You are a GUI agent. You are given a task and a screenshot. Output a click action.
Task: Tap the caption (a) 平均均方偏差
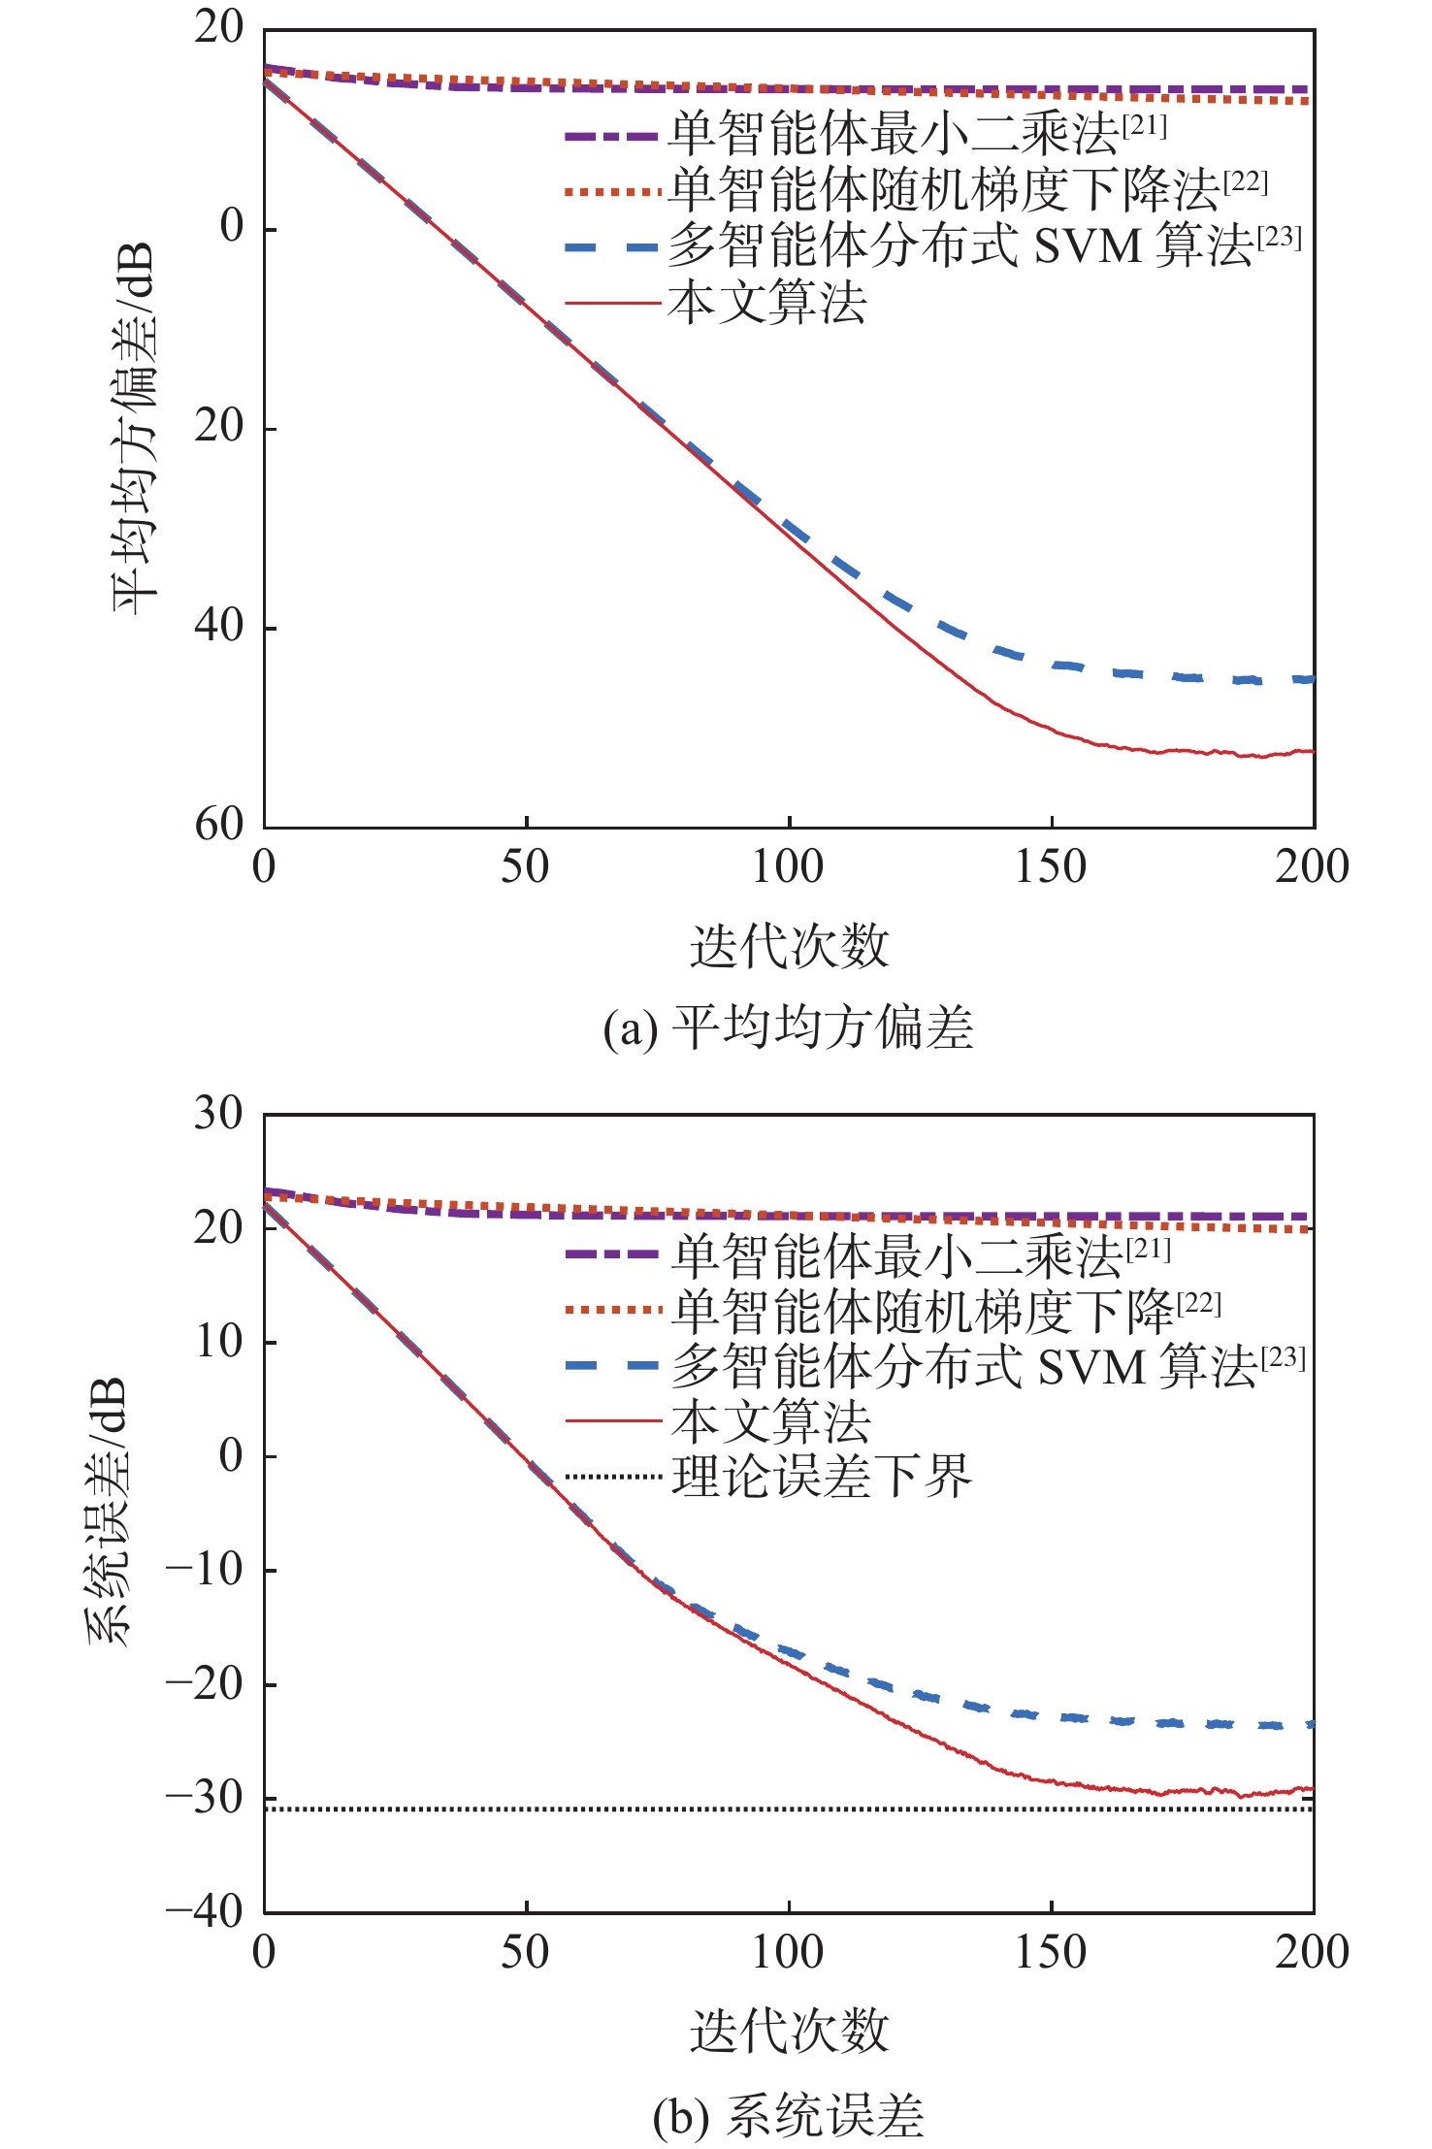point(788,1027)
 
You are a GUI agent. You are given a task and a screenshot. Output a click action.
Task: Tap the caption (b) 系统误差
point(788,2116)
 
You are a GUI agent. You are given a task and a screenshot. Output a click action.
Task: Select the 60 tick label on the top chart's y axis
point(219,826)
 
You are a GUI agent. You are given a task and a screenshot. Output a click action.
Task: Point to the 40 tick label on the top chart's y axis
point(219,626)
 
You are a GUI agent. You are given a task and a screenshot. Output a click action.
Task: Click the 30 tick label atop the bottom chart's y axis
point(219,1114)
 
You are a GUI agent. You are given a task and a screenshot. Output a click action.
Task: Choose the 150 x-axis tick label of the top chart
point(1051,866)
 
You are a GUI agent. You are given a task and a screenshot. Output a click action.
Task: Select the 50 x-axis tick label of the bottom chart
point(525,1951)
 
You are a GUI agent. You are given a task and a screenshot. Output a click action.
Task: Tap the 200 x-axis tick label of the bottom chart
point(1312,1951)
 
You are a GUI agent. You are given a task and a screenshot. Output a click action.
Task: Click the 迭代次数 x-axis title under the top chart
point(789,946)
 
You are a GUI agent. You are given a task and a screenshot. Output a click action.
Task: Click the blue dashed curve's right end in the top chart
point(1310,679)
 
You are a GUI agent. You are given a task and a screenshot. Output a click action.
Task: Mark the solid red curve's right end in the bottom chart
point(1310,1788)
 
